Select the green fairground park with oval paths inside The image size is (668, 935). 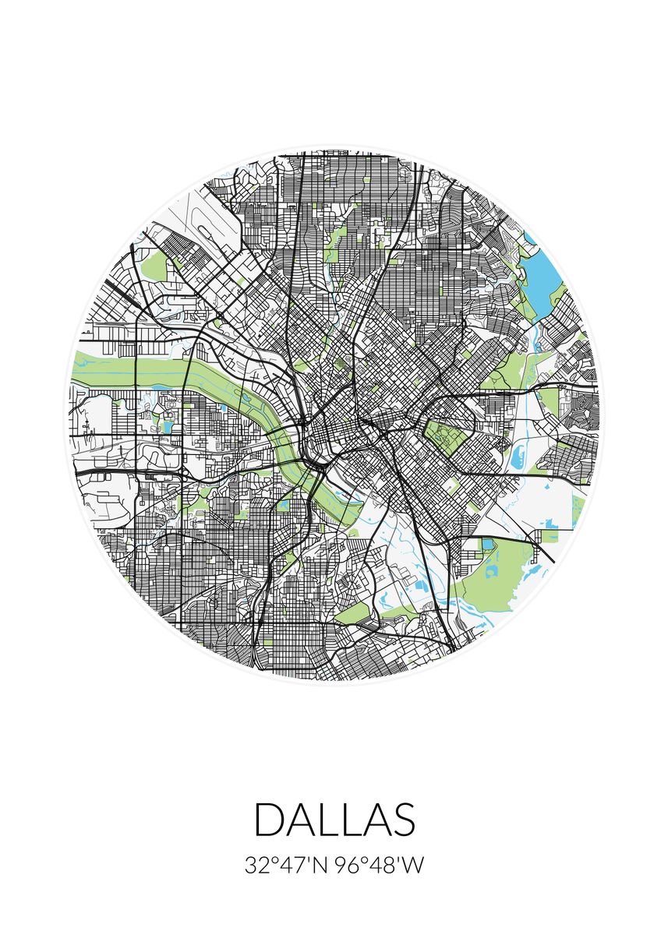coord(448,440)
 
